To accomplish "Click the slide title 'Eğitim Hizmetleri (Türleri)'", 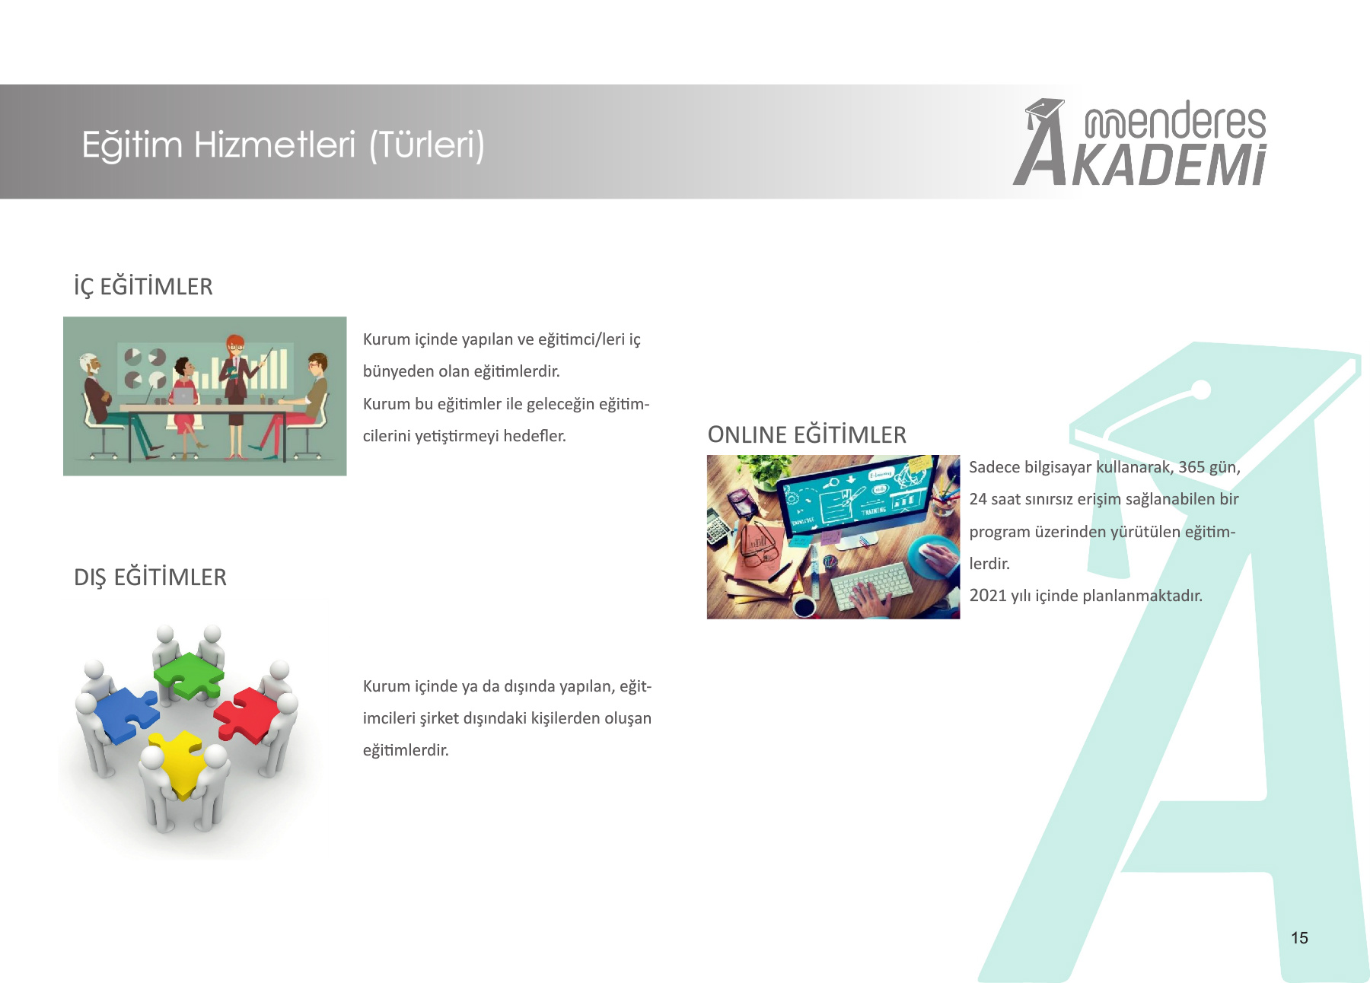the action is (x=283, y=145).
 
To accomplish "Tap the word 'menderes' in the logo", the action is (x=1175, y=121).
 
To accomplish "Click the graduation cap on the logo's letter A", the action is (x=1044, y=110).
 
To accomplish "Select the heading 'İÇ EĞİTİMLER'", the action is (x=143, y=287).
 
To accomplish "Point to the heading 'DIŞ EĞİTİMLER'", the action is (x=150, y=577).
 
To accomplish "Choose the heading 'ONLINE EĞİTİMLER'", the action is (x=807, y=434).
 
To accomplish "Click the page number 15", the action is (x=1299, y=938).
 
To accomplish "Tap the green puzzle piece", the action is (x=188, y=676).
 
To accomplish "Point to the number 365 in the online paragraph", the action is (x=1192, y=467).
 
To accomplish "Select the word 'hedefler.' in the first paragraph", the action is (x=535, y=436).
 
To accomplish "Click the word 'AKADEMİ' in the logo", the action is (x=1168, y=165).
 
